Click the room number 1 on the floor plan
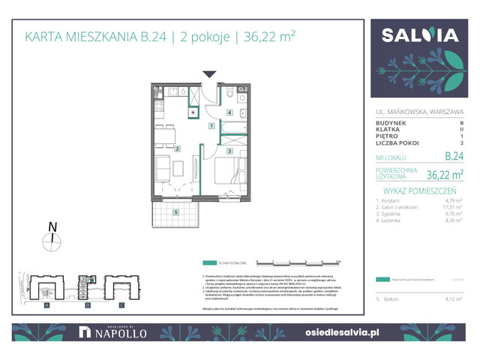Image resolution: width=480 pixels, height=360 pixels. (x=212, y=126)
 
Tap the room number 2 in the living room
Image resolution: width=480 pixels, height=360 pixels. (x=177, y=148)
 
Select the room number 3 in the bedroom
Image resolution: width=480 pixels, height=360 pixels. (x=229, y=151)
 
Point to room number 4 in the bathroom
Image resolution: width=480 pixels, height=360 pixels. (x=229, y=112)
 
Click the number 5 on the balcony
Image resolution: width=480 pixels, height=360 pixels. (x=175, y=212)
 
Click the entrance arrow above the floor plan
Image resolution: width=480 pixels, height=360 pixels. (x=210, y=74)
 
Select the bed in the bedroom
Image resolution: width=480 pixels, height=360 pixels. (x=232, y=171)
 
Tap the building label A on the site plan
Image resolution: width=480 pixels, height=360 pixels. (x=46, y=306)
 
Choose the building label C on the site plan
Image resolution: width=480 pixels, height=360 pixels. (x=121, y=306)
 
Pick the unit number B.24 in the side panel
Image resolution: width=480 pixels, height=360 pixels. (x=453, y=157)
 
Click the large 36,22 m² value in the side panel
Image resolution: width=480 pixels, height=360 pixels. (x=445, y=175)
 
